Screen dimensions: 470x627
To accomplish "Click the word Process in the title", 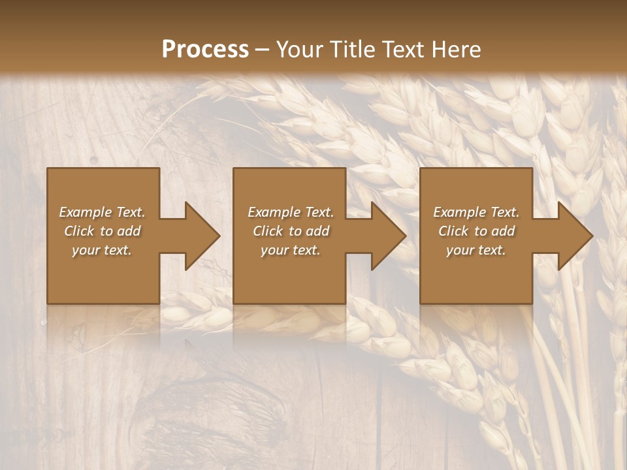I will click(205, 50).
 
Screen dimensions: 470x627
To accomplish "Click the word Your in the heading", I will click(300, 50).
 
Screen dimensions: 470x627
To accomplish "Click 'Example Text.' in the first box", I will click(102, 212).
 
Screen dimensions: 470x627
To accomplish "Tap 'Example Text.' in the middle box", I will click(291, 212).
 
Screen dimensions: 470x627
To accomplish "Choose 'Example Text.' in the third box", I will click(476, 212).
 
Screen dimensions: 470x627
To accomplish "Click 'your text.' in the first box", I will click(102, 250).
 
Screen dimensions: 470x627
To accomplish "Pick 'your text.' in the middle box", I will click(291, 250).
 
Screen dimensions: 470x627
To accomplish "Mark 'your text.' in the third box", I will click(476, 250).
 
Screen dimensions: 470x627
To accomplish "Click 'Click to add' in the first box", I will click(102, 231).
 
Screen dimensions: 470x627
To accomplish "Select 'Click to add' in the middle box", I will click(291, 231).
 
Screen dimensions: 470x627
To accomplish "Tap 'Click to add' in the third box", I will click(476, 231).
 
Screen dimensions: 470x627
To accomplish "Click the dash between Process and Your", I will click(263, 50).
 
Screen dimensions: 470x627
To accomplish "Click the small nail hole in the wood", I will click(93, 159).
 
